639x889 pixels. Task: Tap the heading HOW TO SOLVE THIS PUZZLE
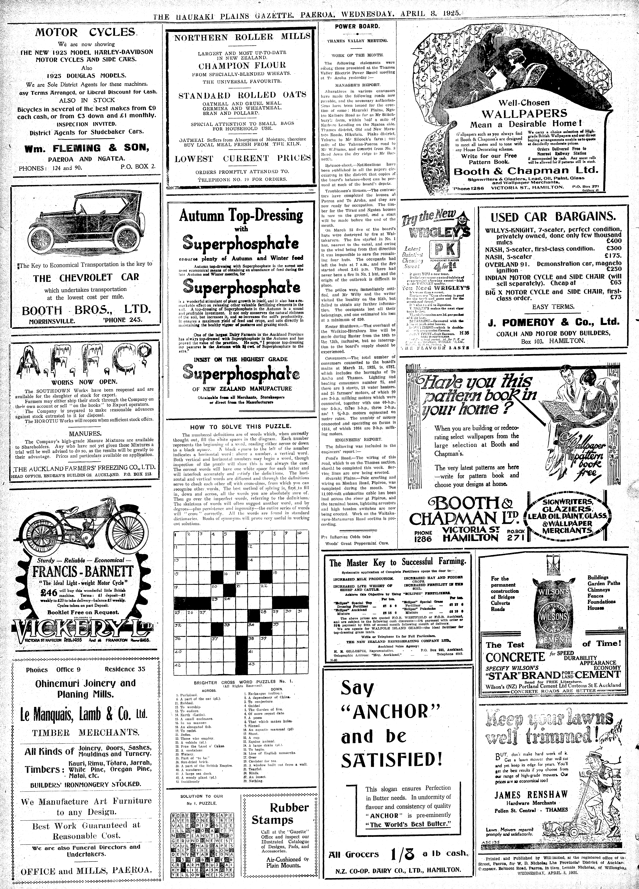[x=241, y=426]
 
